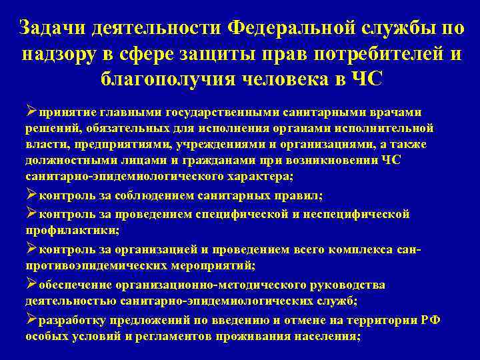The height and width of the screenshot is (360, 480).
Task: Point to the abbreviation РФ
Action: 431,320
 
